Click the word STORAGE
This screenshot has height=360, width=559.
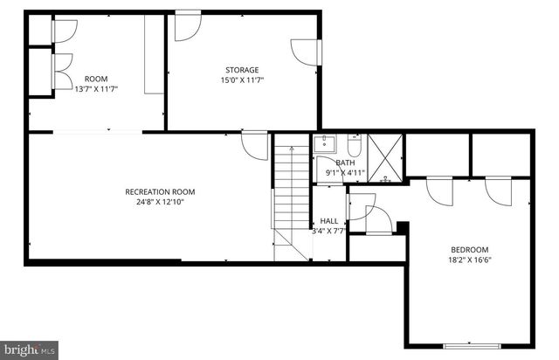pos(242,70)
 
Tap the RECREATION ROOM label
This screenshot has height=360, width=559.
pos(160,191)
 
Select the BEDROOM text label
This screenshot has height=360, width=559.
pos(469,249)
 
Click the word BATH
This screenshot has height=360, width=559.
pos(346,163)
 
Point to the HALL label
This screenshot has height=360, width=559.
pos(329,221)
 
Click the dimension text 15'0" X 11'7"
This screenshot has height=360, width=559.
pos(242,80)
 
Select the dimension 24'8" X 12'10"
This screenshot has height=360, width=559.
pos(160,202)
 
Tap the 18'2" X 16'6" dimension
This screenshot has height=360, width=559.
pos(469,260)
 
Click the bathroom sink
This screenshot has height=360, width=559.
pos(326,143)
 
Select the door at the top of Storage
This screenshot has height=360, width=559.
pos(185,27)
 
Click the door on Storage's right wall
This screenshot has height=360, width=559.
pos(303,52)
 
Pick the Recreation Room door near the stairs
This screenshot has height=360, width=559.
pos(254,144)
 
